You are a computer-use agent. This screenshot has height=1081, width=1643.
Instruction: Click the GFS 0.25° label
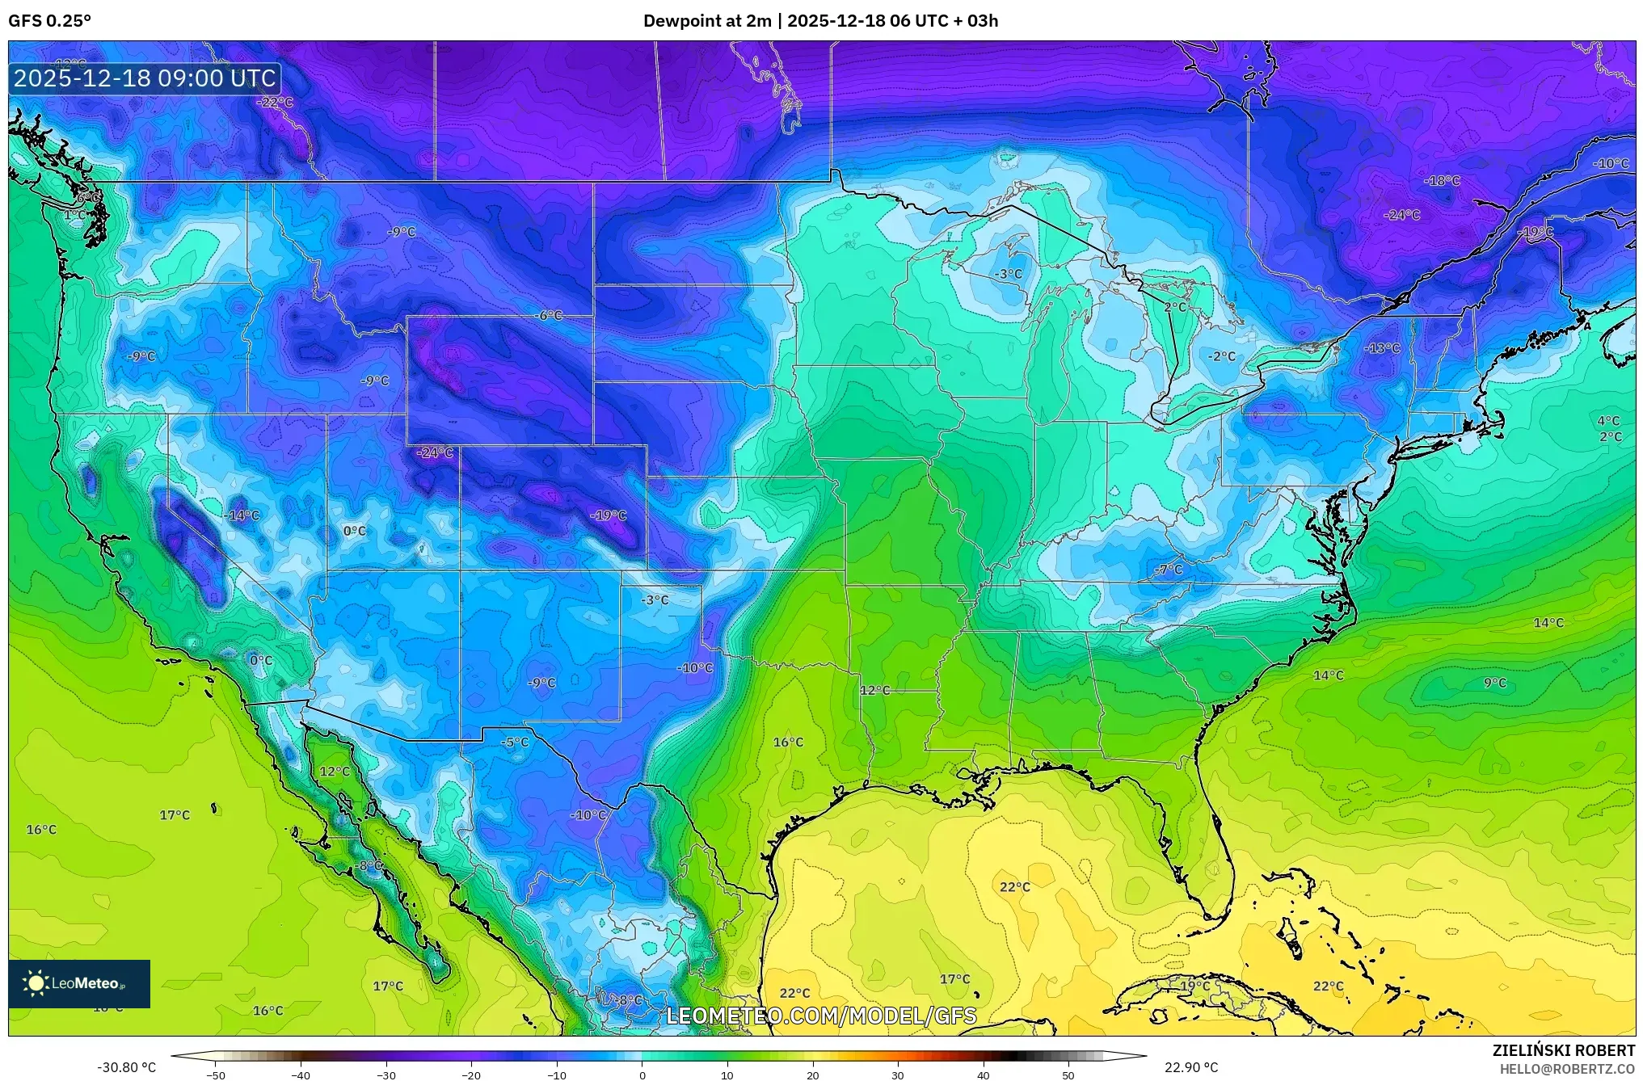49,21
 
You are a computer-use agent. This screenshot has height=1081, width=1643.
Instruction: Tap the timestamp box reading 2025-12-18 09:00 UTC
145,78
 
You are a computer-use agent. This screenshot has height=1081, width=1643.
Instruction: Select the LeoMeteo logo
79,983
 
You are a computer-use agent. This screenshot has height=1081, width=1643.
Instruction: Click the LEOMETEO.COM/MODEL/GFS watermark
820,1016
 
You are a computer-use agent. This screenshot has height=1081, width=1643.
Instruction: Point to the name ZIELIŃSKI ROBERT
1563,1050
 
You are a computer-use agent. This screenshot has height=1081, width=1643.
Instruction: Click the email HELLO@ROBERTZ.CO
1567,1069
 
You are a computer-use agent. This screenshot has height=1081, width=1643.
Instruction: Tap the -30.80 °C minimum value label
127,1067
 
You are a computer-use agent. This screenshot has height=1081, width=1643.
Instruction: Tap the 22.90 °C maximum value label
1190,1067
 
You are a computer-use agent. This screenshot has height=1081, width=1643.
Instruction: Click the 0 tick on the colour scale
642,1075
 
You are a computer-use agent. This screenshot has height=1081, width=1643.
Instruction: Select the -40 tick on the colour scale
301,1075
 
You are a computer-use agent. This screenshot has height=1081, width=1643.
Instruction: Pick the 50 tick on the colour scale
1068,1075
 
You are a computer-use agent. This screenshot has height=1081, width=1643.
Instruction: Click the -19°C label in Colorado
608,515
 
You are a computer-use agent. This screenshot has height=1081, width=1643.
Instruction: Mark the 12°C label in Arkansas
874,690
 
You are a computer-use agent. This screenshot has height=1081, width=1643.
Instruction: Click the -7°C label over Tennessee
1168,570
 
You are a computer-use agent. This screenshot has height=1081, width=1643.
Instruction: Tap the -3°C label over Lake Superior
1008,274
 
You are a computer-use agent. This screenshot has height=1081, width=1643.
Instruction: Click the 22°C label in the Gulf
1015,887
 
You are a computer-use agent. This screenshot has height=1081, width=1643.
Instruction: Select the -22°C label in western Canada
275,103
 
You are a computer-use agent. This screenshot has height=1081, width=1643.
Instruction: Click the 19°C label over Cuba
1194,986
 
